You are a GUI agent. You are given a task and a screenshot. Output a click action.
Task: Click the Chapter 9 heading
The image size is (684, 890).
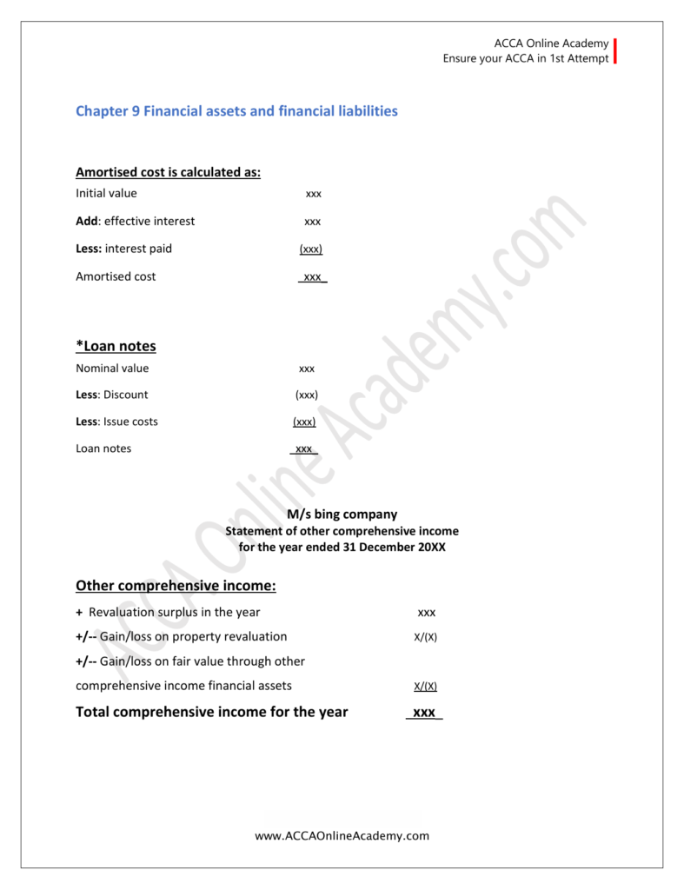click(236, 111)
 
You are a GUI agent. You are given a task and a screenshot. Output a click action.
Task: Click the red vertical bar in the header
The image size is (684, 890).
click(615, 50)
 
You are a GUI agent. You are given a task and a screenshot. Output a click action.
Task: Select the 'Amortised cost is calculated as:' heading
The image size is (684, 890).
click(169, 172)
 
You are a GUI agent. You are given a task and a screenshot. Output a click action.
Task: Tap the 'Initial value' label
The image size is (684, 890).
click(106, 193)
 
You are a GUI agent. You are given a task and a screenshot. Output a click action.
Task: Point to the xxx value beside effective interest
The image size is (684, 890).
click(313, 222)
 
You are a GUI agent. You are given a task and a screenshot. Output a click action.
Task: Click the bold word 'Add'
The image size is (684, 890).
click(87, 221)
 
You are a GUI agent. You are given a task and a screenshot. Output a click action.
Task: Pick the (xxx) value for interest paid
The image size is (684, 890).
click(311, 249)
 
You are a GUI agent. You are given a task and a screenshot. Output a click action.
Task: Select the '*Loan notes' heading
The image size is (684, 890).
click(116, 346)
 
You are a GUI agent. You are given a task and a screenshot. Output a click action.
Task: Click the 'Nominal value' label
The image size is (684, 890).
click(112, 369)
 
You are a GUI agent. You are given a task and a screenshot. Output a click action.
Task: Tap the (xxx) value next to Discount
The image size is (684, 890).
click(307, 395)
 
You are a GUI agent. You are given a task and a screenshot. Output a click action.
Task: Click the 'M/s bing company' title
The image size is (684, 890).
click(342, 515)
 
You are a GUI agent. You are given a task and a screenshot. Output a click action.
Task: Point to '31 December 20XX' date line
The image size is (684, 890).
click(342, 548)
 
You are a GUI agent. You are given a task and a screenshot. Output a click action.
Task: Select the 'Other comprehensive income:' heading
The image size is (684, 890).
click(176, 586)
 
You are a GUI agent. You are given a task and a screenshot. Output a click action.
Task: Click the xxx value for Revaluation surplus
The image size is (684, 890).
click(426, 613)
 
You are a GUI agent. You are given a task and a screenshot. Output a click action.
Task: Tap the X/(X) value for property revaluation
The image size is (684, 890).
click(426, 637)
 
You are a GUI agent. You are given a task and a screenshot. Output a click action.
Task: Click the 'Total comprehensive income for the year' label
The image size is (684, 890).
click(212, 712)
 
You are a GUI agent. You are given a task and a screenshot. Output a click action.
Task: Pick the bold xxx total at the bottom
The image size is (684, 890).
click(423, 713)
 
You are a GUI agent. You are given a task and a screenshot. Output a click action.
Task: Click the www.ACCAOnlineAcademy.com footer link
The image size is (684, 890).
click(342, 836)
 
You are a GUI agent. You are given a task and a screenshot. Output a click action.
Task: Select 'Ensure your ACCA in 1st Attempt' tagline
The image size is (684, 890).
click(526, 59)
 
